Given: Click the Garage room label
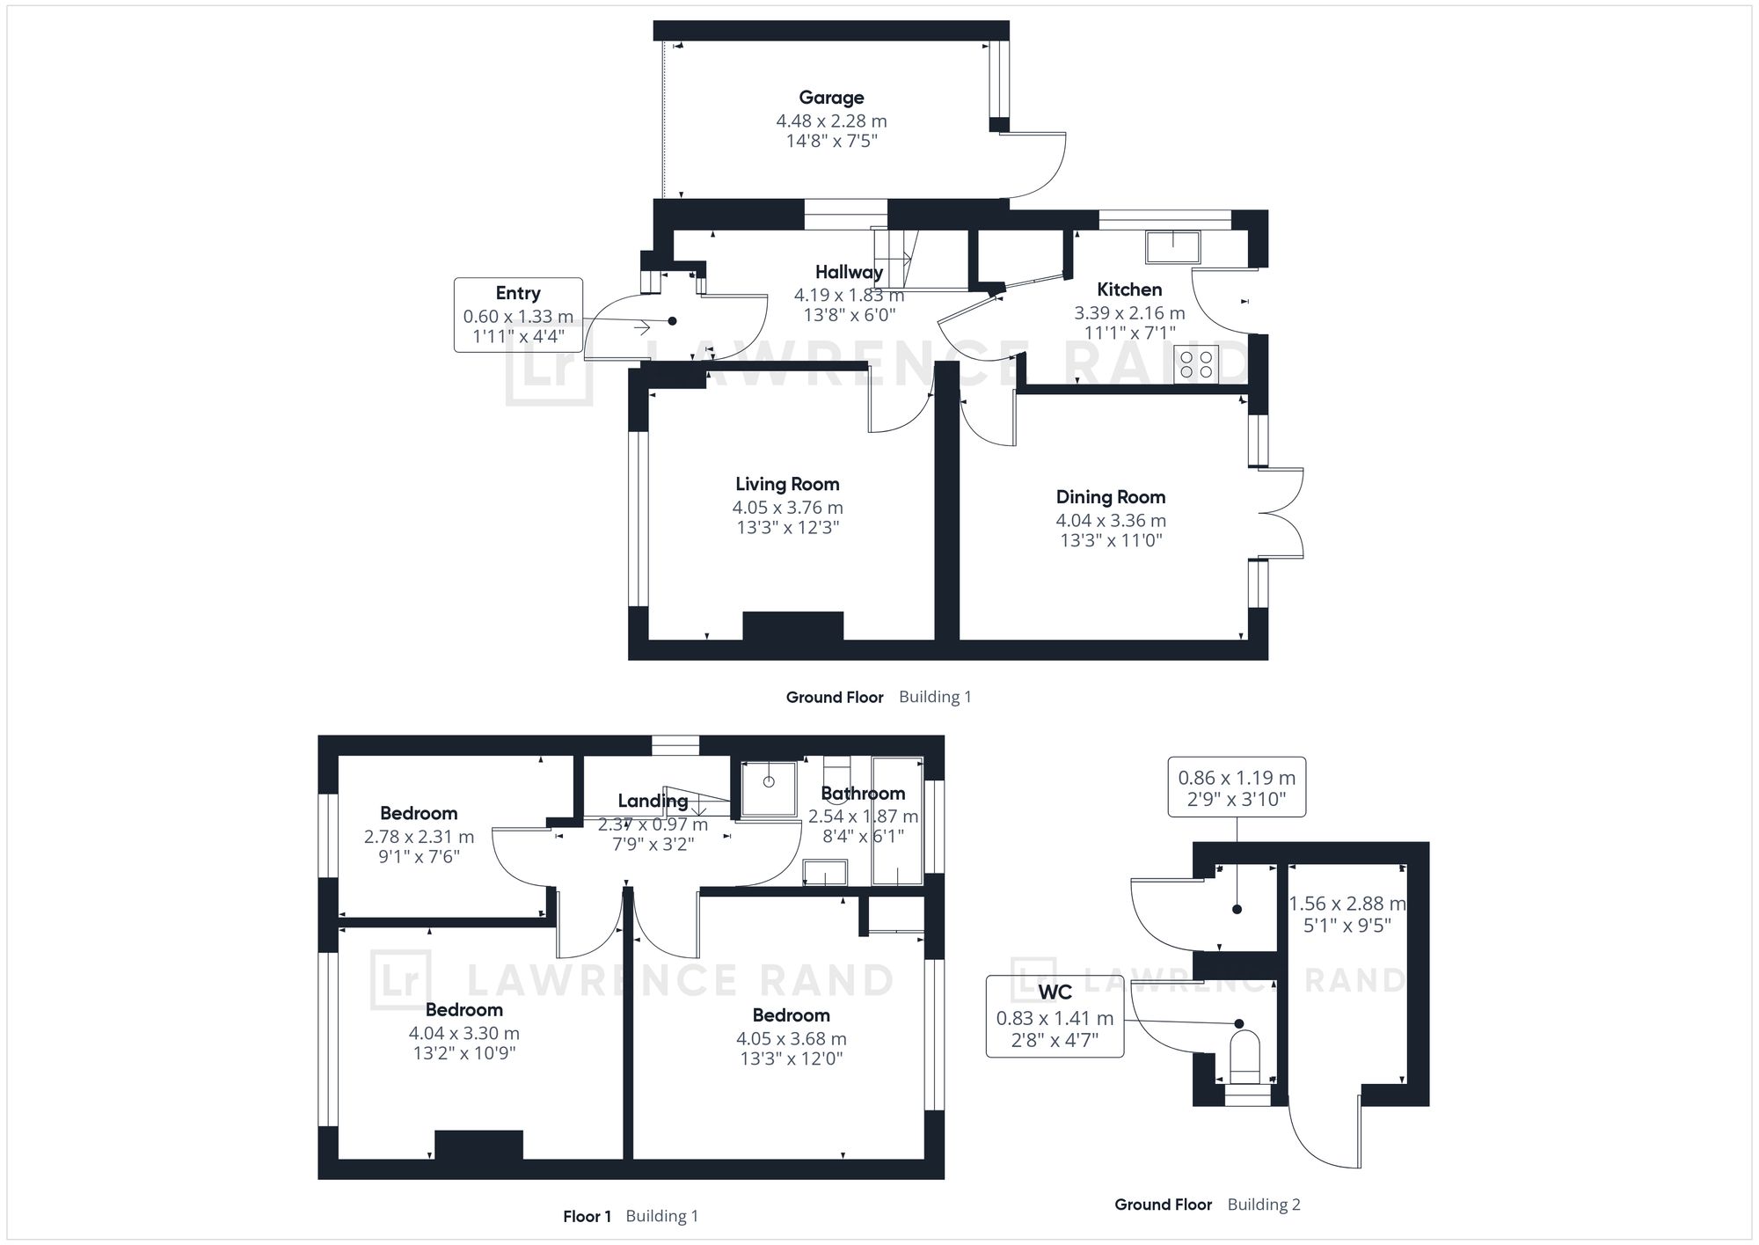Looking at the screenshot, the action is [831, 98].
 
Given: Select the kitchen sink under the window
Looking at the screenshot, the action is [1173, 247].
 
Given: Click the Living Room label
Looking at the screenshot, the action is [787, 484].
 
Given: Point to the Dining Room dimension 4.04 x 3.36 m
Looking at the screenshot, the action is [1111, 520].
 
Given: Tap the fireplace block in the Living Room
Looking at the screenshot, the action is [793, 626].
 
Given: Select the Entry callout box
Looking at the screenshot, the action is [518, 315].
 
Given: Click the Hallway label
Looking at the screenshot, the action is [849, 272].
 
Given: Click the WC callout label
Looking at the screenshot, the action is [1055, 992].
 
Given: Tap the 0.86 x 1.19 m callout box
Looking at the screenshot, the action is [1237, 787].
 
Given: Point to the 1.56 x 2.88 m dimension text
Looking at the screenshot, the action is [1347, 904].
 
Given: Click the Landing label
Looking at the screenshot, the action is [653, 801].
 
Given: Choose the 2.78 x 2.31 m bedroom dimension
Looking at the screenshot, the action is [419, 836].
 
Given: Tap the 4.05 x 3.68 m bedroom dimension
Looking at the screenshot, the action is [792, 1039].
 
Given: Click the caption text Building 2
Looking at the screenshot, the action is [1264, 1205].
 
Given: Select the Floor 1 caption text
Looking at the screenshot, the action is [588, 1217].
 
